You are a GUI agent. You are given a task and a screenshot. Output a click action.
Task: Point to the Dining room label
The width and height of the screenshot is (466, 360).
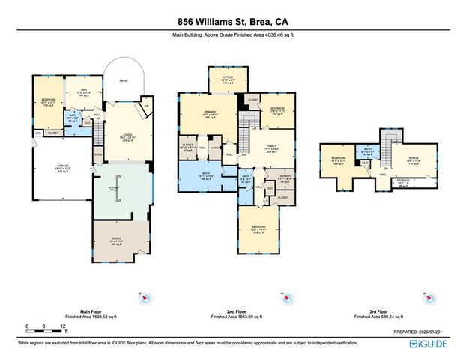coord(117,240)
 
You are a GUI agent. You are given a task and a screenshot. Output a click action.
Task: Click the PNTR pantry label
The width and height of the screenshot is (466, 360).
coord(97,157)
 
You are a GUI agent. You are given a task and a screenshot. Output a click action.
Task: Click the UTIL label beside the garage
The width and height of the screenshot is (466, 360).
coord(37,133)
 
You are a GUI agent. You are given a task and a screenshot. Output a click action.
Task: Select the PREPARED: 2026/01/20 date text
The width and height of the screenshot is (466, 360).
coord(420,331)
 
